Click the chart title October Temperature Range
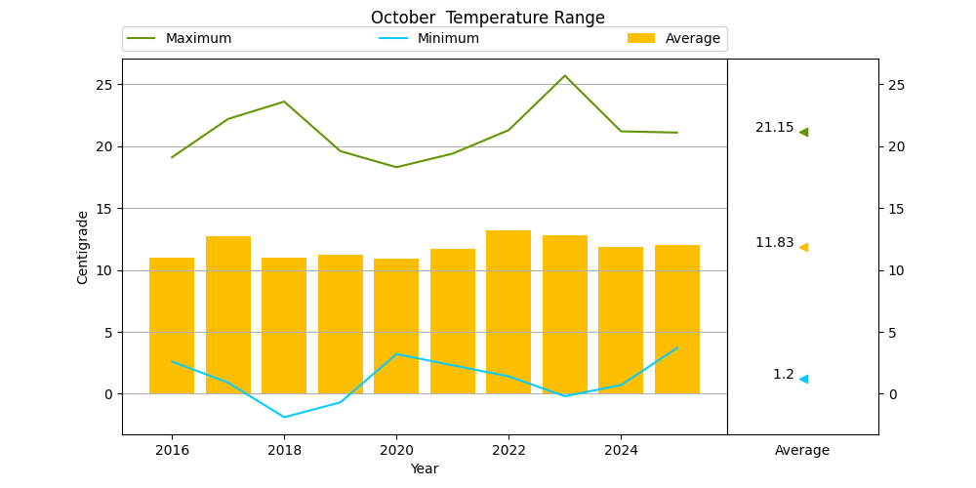(487, 18)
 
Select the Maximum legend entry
(180, 39)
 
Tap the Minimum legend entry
(428, 39)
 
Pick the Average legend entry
(673, 39)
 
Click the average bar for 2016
(172, 326)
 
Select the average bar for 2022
(508, 312)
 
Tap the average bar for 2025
(677, 319)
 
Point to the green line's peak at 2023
(564, 76)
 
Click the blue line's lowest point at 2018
(284, 417)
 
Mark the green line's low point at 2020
(396, 167)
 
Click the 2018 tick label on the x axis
(284, 449)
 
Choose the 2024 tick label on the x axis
(621, 449)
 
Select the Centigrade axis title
(83, 247)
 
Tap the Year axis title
(425, 468)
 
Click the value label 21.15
(775, 128)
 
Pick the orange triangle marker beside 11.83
(803, 247)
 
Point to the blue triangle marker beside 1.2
(803, 379)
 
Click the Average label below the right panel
(802, 451)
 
